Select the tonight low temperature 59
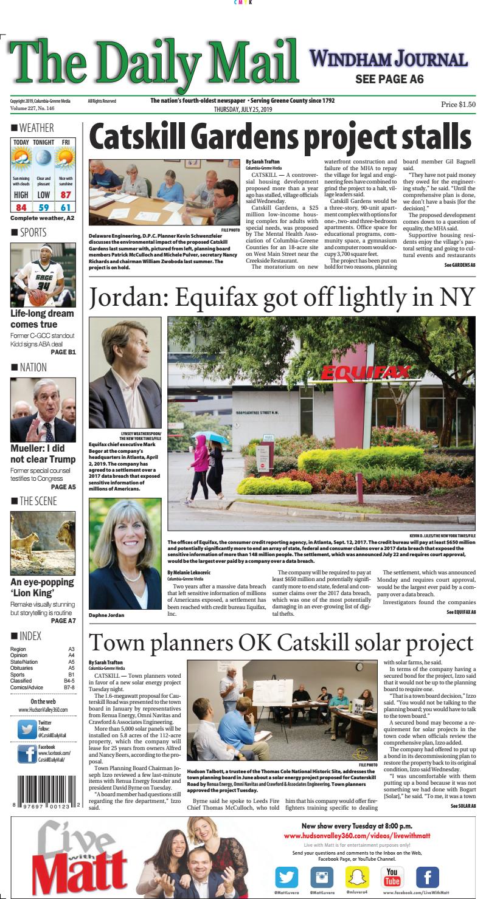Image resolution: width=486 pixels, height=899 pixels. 44,207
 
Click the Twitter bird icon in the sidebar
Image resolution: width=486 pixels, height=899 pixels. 26,728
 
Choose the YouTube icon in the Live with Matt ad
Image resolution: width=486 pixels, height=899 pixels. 392,876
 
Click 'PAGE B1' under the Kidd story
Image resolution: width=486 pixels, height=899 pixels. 63,351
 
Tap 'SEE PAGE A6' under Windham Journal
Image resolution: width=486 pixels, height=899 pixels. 389,80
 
